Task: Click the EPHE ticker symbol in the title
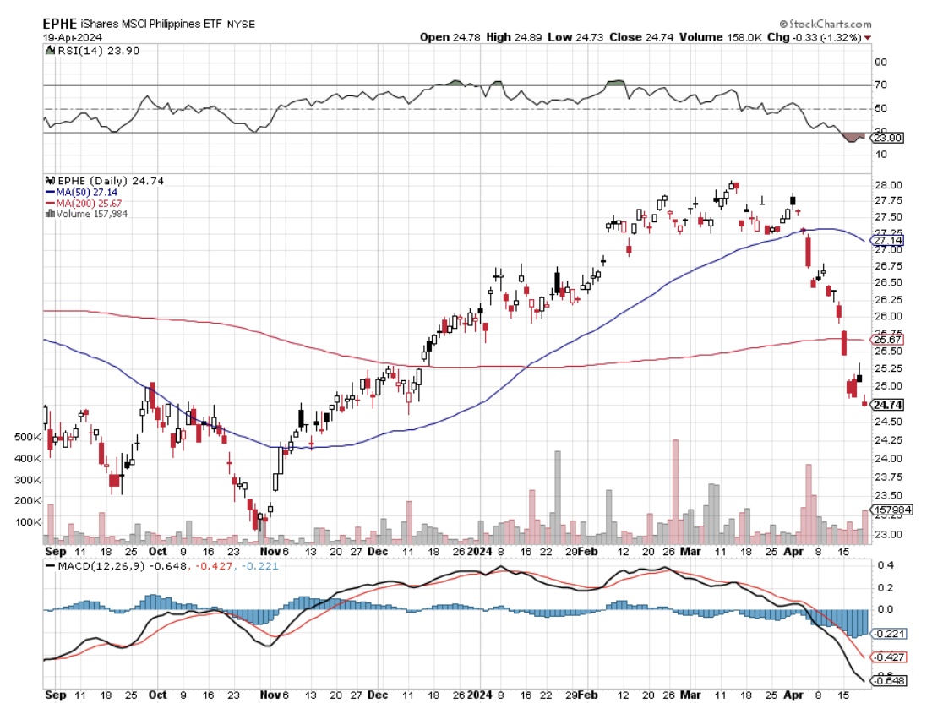pos(62,24)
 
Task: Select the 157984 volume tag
pos(895,510)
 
